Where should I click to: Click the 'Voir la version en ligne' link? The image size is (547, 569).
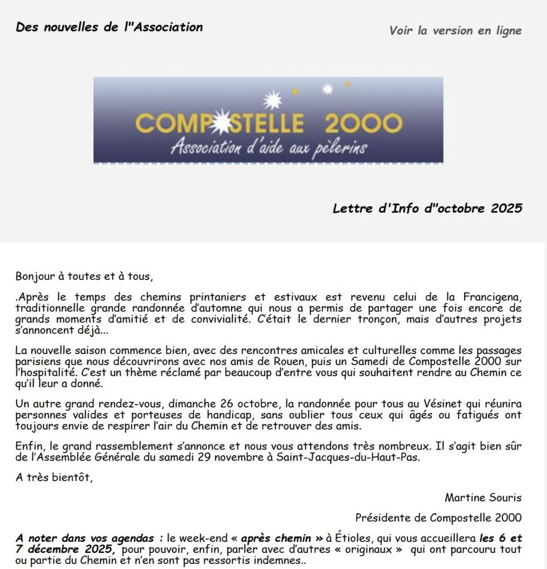click(455, 30)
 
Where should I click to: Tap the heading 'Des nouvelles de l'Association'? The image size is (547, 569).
click(109, 27)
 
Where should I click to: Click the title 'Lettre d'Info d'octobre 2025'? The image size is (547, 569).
click(427, 208)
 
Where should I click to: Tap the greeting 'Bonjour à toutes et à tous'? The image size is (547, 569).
click(83, 276)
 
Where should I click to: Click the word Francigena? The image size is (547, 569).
click(490, 298)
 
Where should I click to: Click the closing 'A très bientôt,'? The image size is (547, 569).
click(54, 477)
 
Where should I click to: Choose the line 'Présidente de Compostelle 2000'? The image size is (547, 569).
click(438, 517)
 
